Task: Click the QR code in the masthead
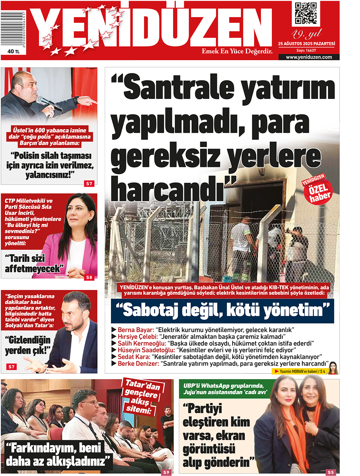point(306,13)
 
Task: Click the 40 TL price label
point(13,51)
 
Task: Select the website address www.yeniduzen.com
point(309,57)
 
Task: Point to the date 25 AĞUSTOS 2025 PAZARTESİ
point(306,44)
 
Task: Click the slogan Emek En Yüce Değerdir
point(237,51)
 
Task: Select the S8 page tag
point(89,277)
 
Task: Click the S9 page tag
point(166,472)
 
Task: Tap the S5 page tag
point(330,472)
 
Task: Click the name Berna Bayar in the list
point(136,330)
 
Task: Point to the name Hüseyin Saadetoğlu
point(146,350)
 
